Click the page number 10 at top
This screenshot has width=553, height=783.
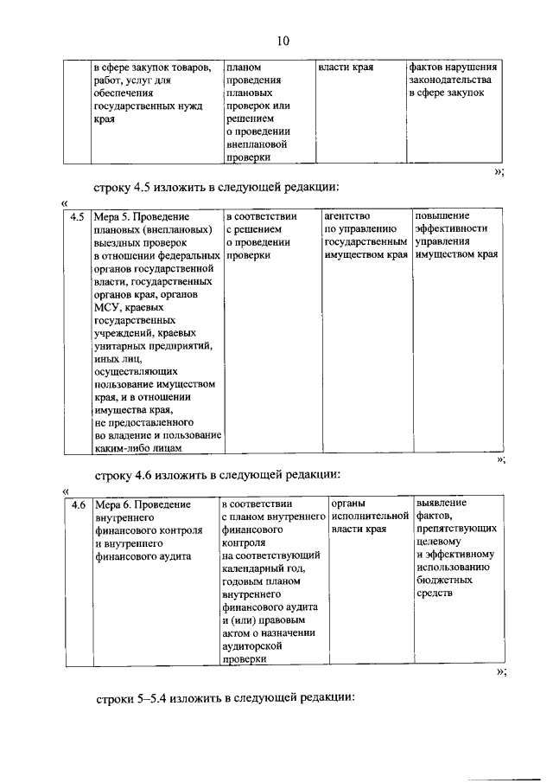tap(284, 40)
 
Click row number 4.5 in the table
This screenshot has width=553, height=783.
tap(78, 217)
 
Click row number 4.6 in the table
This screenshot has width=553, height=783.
tap(78, 504)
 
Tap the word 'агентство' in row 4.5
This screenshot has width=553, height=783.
tap(346, 216)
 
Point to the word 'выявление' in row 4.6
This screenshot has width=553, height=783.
tap(442, 503)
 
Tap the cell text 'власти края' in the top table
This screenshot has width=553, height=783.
tap(345, 67)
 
